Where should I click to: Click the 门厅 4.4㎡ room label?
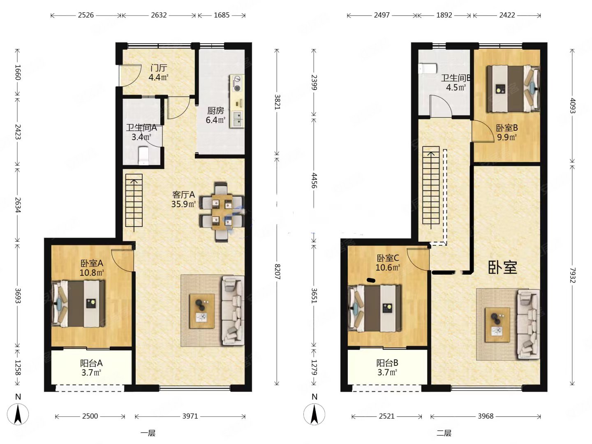[x=159, y=73]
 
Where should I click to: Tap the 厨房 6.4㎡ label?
[x=215, y=115]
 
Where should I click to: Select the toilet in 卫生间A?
[x=143, y=155]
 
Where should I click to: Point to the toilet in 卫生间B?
[x=427, y=69]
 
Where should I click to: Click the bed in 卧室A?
[x=78, y=303]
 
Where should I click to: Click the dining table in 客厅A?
[x=222, y=212]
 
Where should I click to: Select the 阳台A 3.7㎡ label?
[x=91, y=368]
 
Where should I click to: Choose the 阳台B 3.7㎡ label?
[x=387, y=368]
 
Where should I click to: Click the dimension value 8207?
[x=277, y=272]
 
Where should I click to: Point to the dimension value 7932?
[x=573, y=275]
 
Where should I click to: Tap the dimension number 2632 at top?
[x=159, y=15]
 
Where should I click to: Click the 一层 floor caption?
[x=148, y=433]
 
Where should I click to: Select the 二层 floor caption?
[x=444, y=433]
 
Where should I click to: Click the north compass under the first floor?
[x=18, y=414]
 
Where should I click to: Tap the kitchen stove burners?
[x=237, y=83]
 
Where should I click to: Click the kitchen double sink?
[x=238, y=119]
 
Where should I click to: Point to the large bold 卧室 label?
[x=503, y=267]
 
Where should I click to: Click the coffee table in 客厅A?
[x=202, y=311]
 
